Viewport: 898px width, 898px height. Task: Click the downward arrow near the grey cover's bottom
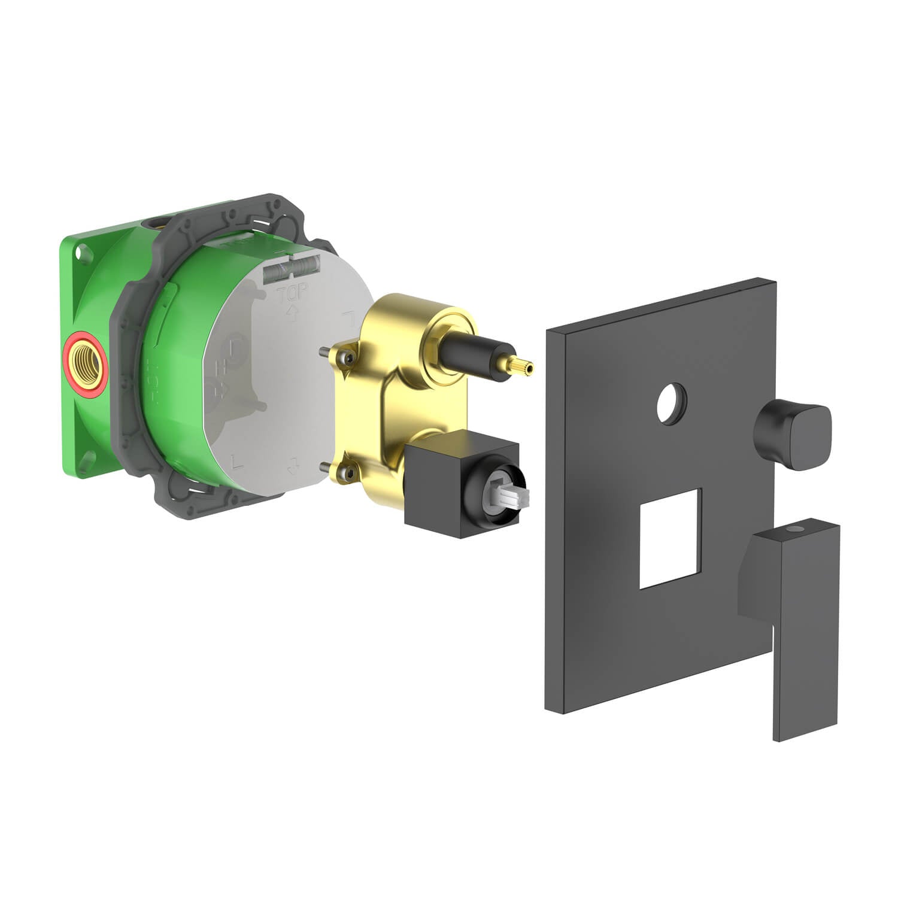click(x=293, y=462)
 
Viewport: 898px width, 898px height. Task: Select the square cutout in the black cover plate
click(x=669, y=537)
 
